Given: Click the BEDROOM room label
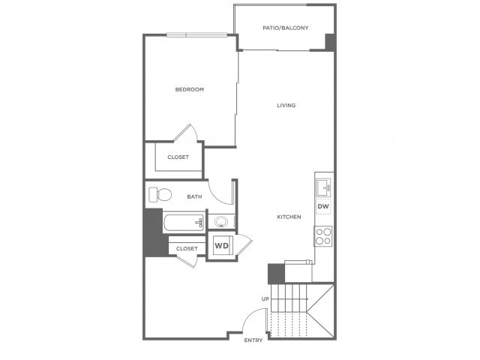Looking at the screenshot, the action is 190,90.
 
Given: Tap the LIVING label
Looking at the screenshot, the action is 286,105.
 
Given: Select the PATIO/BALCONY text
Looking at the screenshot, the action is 286,28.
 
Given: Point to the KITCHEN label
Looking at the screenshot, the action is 289,217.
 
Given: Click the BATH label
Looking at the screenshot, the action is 194,196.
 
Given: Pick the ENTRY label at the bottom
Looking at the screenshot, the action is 253,340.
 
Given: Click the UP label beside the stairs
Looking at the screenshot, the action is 265,298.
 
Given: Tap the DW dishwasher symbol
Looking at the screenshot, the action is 323,206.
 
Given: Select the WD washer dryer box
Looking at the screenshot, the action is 222,246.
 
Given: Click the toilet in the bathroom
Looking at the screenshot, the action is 160,195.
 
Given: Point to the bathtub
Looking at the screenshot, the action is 184,223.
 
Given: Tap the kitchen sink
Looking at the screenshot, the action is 323,187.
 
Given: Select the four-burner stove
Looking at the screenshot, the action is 323,236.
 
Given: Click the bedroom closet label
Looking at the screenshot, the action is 178,157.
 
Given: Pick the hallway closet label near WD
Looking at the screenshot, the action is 187,249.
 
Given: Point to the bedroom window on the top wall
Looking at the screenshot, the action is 196,35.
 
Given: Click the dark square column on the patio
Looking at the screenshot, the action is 330,42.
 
